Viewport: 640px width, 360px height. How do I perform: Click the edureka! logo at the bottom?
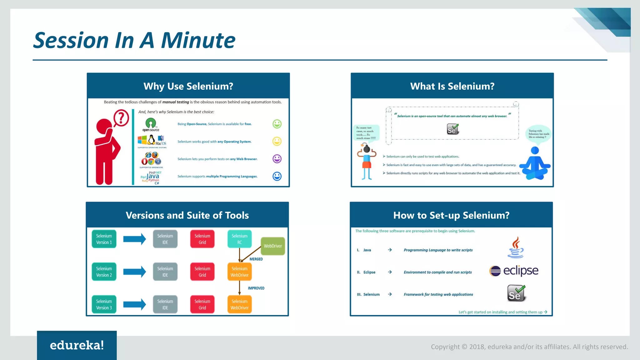[x=77, y=345]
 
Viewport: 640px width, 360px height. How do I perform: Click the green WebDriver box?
[x=273, y=246]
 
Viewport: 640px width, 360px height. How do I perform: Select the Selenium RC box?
[x=239, y=239]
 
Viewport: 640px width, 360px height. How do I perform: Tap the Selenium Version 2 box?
[x=104, y=272]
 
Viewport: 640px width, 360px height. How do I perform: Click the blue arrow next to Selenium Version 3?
[x=134, y=304]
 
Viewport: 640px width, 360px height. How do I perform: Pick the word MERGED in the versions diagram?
[x=256, y=259]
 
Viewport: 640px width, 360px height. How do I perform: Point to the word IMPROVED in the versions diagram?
[x=256, y=288]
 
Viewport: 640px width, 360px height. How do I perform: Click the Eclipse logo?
[x=514, y=271]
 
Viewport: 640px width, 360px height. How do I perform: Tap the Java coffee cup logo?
[x=516, y=247]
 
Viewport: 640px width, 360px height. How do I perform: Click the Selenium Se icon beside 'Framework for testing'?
[x=516, y=293]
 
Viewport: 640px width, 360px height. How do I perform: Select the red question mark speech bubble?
[x=121, y=118]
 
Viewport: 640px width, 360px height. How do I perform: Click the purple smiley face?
[x=277, y=159]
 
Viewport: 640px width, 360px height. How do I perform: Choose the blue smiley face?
[x=277, y=176]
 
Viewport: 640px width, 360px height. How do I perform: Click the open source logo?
[x=151, y=125]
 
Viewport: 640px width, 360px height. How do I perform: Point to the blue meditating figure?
[x=535, y=164]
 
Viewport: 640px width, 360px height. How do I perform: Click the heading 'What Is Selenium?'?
[x=452, y=86]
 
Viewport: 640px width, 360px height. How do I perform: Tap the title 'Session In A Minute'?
[x=134, y=41]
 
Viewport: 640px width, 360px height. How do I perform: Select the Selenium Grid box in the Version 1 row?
[x=202, y=239]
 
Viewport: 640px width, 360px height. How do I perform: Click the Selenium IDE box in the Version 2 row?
[x=165, y=272]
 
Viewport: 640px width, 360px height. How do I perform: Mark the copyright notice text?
[x=529, y=347]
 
